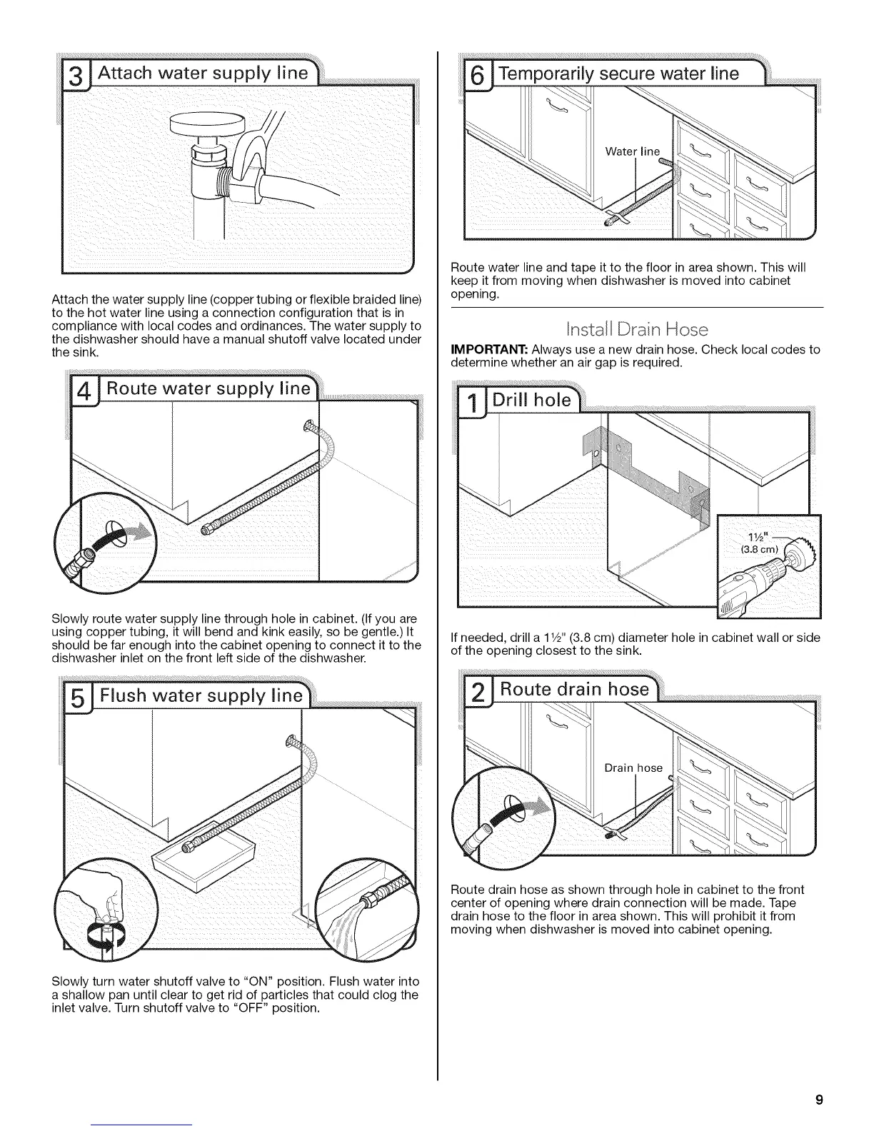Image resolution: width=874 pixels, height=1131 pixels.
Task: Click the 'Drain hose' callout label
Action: point(633,768)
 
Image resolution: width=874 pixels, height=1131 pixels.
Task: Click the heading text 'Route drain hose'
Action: point(574,689)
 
